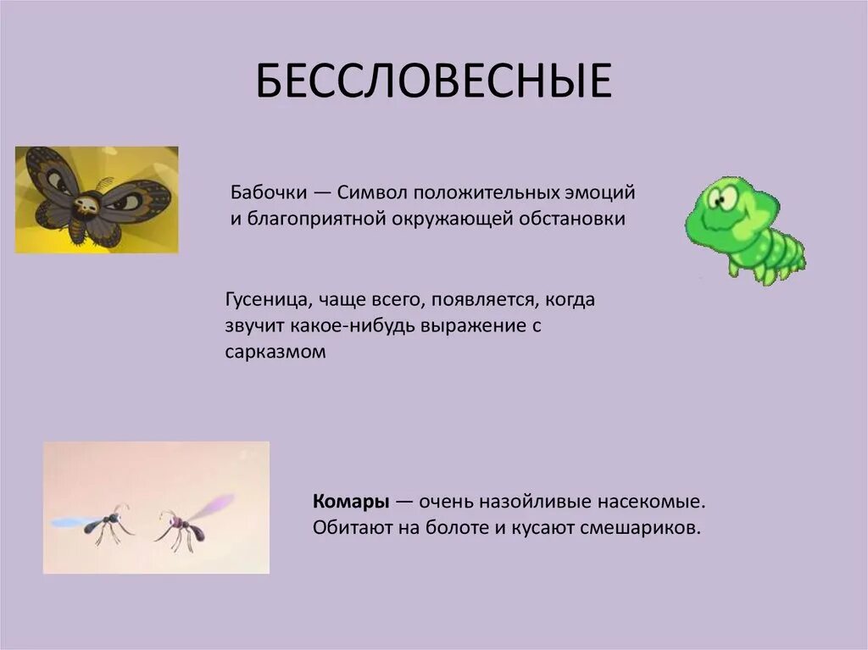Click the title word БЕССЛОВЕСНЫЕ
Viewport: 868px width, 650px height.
tap(433, 81)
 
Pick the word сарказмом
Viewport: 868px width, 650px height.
tap(275, 353)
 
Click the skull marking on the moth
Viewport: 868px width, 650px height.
tap(87, 203)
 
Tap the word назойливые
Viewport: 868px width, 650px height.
tap(541, 501)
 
